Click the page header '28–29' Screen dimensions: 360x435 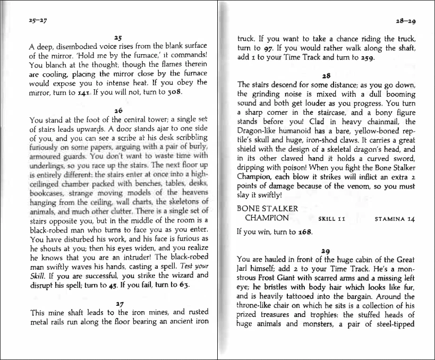tap(405, 21)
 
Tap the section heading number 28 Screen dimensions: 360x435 tap(326, 76)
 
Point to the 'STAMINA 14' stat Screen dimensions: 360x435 tap(395, 218)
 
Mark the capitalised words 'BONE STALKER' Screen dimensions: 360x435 tap(267, 209)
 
